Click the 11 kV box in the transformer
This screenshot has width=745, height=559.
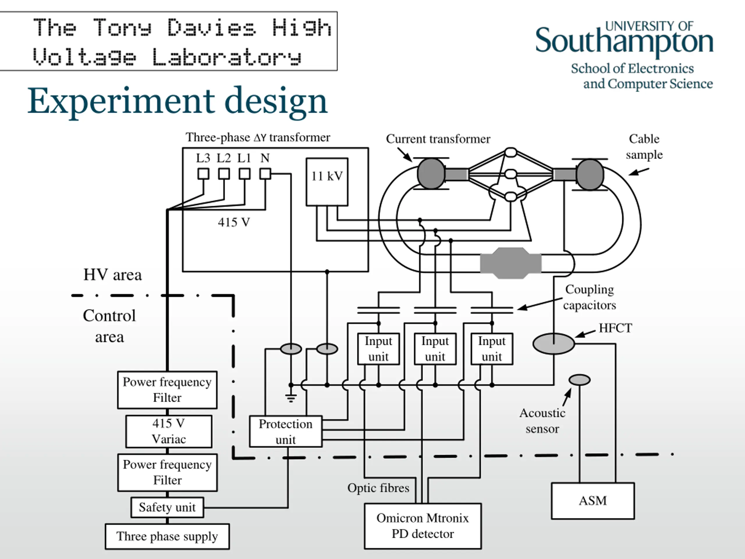[x=327, y=182]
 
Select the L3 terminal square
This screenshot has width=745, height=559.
[x=203, y=174]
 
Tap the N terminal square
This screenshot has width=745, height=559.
[x=265, y=174]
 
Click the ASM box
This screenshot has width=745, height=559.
[x=593, y=501]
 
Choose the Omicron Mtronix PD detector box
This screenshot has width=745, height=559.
[x=423, y=526]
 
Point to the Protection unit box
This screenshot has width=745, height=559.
[x=285, y=432]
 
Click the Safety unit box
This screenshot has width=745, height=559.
[x=167, y=507]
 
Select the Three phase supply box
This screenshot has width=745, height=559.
[x=167, y=536]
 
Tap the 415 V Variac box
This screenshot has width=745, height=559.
[x=169, y=431]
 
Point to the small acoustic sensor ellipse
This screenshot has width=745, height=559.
[x=580, y=380]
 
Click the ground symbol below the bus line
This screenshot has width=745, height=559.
[x=291, y=398]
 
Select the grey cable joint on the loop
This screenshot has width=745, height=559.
[x=511, y=263]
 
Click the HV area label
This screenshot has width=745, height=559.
[x=113, y=275]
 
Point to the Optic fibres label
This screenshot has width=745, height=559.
[x=378, y=488]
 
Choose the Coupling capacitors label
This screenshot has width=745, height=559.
[x=589, y=297]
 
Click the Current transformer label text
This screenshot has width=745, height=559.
[x=438, y=139]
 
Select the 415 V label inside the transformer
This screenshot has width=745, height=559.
[x=234, y=222]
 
